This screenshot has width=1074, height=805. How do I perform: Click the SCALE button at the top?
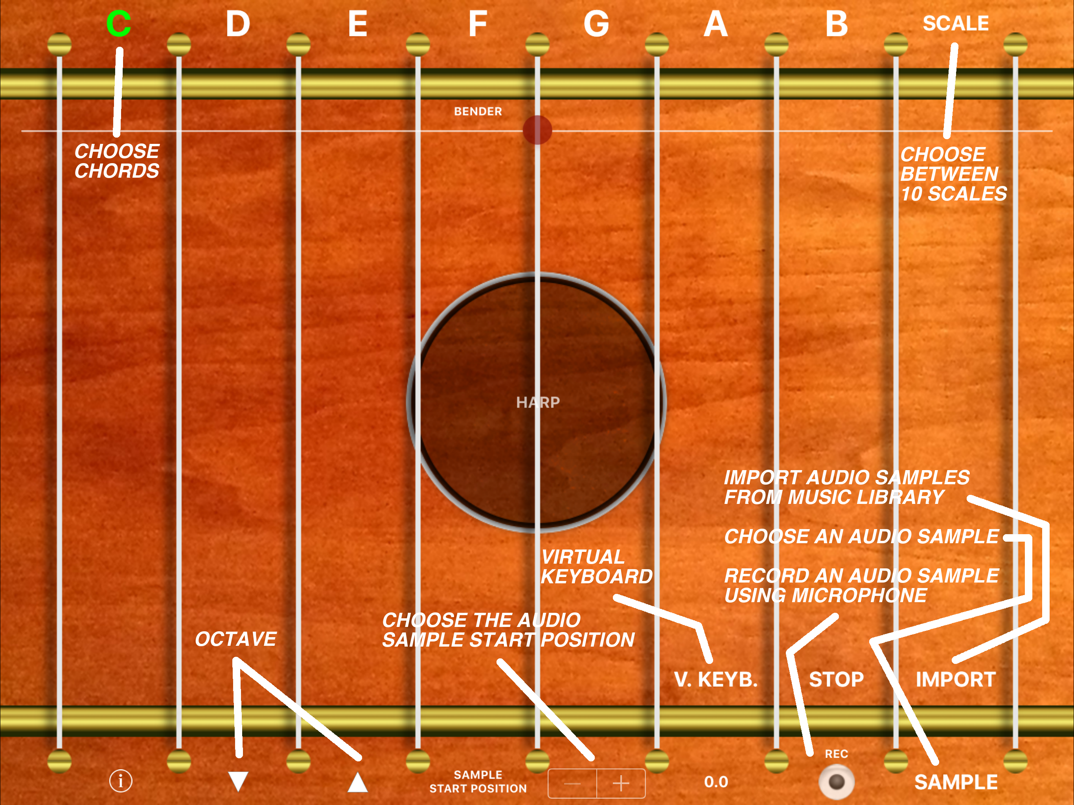pos(956,23)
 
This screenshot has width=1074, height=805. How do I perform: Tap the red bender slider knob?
pos(537,130)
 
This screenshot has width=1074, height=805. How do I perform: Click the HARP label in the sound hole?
pos(538,402)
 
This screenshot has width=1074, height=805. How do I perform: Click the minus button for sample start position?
pos(572,783)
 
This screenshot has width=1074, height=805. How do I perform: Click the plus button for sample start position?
pos(621,783)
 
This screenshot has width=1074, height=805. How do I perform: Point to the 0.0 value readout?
pos(716,782)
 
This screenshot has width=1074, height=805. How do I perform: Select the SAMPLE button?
pos(956,782)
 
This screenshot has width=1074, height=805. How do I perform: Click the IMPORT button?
pos(956,679)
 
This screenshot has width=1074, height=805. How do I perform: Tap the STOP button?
pos(836,679)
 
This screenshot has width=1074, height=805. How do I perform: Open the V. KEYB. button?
pos(716,679)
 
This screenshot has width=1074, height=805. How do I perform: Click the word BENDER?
pos(478,111)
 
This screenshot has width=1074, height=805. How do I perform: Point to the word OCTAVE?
pos(235,639)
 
